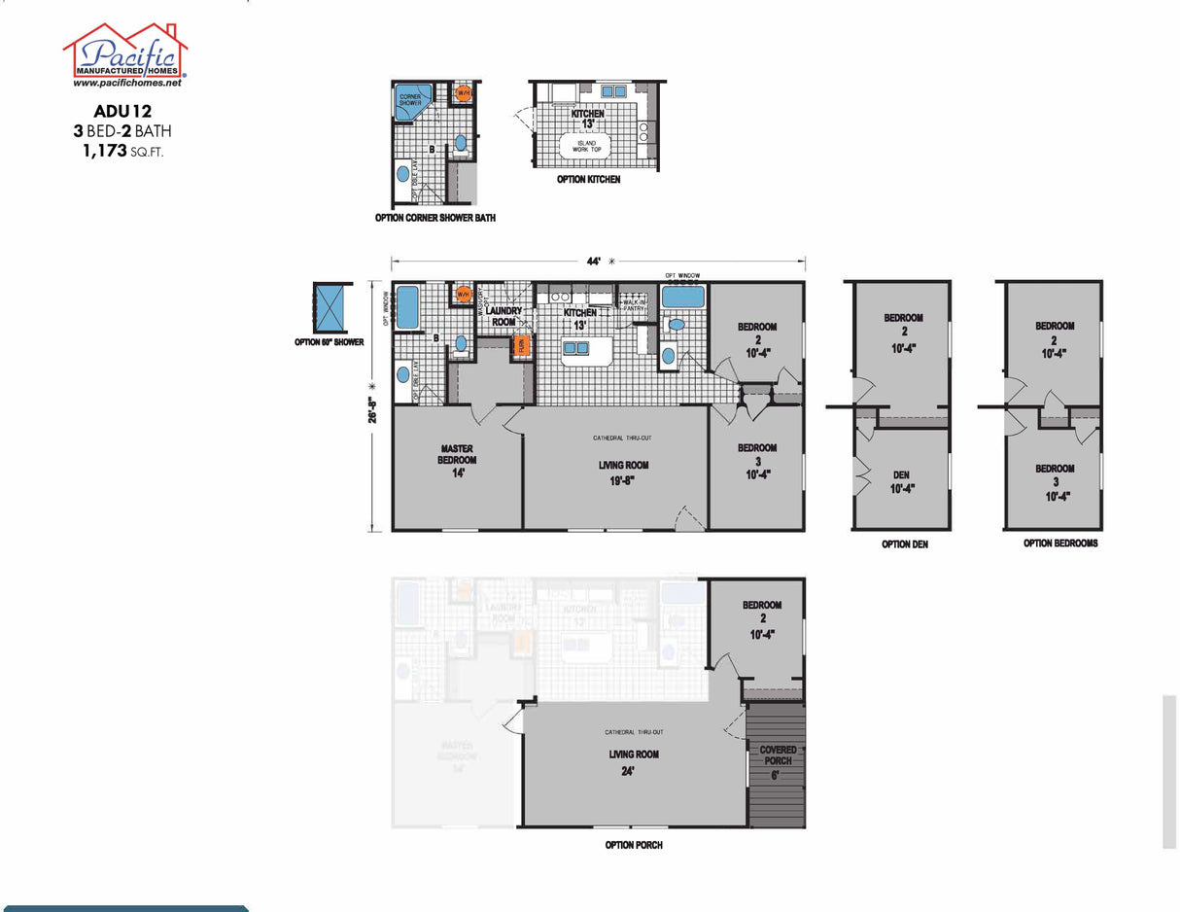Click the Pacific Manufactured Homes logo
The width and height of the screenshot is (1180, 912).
point(124,52)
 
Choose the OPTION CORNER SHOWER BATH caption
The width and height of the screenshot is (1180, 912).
point(434,218)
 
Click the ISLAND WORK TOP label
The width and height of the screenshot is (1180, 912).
point(583,147)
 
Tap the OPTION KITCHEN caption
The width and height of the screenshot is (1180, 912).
point(588,180)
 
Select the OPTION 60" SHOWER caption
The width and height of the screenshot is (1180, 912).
point(329,342)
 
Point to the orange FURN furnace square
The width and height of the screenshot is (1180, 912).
point(521,344)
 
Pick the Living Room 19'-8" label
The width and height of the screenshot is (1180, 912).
point(623,472)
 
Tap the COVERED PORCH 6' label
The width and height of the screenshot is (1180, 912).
point(778,761)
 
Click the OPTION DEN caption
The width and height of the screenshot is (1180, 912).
point(904,544)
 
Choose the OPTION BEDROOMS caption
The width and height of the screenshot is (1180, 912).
point(1060,544)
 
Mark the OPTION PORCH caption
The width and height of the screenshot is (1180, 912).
point(634,845)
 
